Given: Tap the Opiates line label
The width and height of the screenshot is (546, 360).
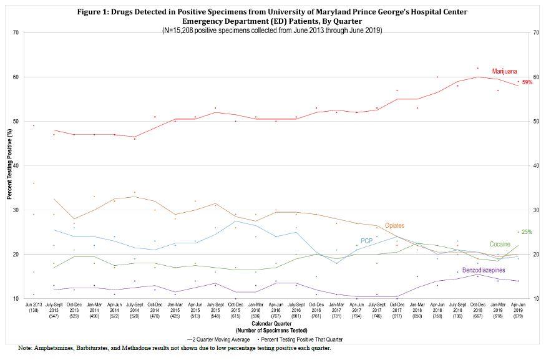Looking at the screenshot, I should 394,225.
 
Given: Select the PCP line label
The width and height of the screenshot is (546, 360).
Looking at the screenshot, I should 366,241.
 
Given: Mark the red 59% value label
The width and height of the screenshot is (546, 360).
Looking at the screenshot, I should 527,82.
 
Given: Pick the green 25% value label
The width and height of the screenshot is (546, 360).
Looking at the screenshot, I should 527,232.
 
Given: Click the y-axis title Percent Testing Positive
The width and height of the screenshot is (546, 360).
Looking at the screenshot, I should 9,165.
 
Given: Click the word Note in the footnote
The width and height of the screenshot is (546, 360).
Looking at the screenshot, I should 26,348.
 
